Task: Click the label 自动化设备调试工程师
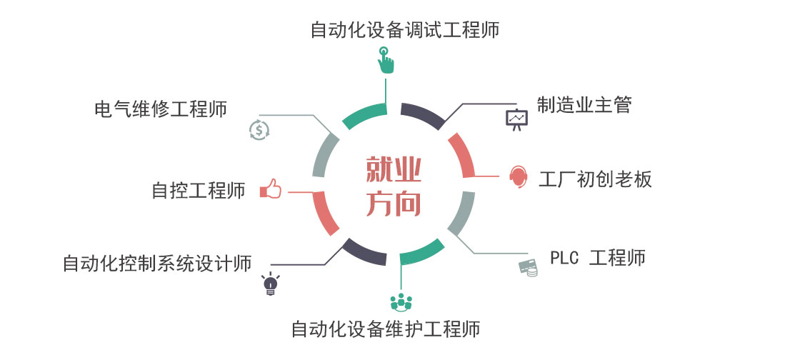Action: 404,30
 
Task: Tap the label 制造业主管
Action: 584,106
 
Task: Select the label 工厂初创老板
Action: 595,179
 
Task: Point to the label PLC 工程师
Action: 597,257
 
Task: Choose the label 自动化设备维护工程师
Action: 385,329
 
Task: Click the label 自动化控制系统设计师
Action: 157,263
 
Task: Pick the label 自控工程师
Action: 199,191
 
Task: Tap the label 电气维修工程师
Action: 161,109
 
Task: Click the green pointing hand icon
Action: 385,61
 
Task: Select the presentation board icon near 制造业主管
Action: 516,119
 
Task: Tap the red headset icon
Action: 519,176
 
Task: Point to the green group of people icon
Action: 401,302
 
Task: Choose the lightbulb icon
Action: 270,284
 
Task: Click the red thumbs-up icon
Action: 271,189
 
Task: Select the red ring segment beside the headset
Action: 463,155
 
